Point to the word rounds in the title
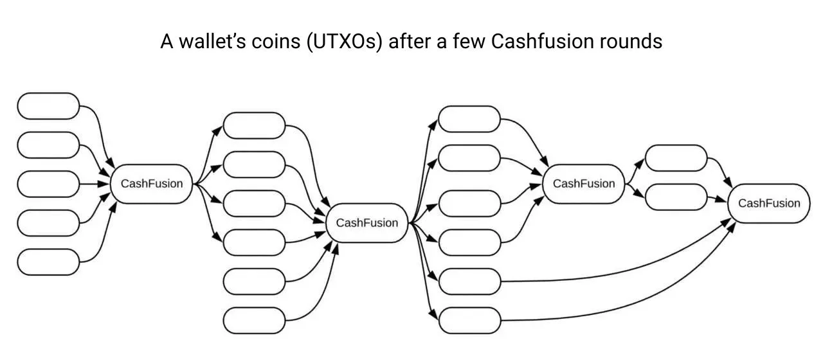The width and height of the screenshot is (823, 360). pyautogui.click(x=633, y=42)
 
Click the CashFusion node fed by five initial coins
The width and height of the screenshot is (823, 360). pyautogui.click(x=152, y=184)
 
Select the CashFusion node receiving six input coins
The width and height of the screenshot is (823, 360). pyautogui.click(x=367, y=223)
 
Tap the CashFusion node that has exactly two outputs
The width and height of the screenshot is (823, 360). pyautogui.click(x=583, y=184)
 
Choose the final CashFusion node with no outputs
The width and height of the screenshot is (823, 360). pyautogui.click(x=768, y=204)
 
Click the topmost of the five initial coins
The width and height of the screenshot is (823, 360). pyautogui.click(x=48, y=106)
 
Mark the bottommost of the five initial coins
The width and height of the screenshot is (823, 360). pyautogui.click(x=48, y=262)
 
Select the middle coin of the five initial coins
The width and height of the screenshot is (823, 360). pyautogui.click(x=48, y=184)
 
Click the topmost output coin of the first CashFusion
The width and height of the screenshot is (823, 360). pyautogui.click(x=254, y=125)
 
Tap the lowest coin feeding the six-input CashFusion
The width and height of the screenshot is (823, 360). pyautogui.click(x=254, y=320)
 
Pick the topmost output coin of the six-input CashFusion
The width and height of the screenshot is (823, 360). pyautogui.click(x=469, y=119)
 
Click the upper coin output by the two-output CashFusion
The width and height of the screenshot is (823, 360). pyautogui.click(x=676, y=158)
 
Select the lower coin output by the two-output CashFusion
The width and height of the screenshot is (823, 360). pyautogui.click(x=676, y=197)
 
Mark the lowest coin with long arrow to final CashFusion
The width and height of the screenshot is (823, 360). pyautogui.click(x=469, y=320)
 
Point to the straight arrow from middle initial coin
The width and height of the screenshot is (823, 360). pyautogui.click(x=95, y=184)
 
